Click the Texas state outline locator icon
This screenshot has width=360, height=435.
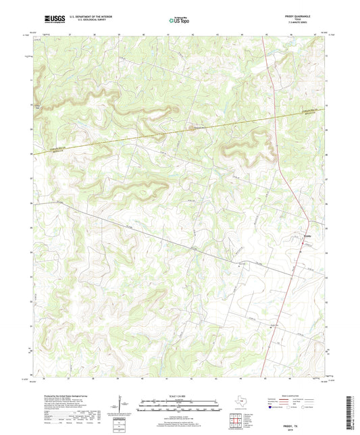point(238,403)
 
